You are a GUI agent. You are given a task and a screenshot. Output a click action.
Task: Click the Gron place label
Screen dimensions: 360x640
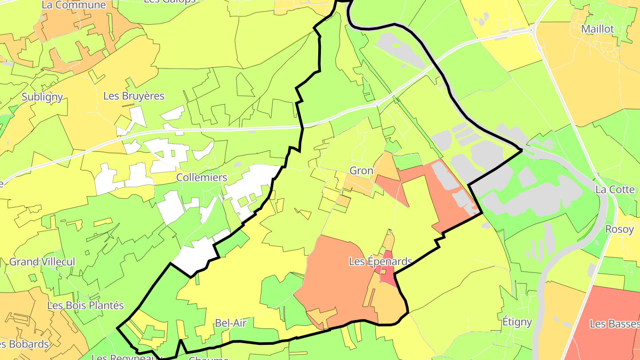(x=361, y=171)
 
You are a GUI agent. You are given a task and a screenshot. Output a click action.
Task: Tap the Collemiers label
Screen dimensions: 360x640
(x=202, y=177)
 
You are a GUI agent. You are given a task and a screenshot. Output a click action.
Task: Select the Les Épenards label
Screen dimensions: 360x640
(x=380, y=261)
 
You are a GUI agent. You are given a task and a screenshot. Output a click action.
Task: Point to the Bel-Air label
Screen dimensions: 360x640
(x=230, y=323)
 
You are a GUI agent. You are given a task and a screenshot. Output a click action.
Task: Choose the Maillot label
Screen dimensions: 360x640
(x=598, y=29)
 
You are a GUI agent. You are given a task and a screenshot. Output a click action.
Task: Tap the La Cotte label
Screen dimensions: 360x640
(x=615, y=189)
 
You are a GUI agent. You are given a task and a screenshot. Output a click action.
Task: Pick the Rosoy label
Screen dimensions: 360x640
(x=620, y=229)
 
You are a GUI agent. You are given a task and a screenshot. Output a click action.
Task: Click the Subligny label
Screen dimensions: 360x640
(x=42, y=97)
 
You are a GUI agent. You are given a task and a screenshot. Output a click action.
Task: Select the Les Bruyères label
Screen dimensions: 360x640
(x=134, y=96)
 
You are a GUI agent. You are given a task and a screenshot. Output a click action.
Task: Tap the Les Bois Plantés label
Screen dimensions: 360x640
(x=85, y=306)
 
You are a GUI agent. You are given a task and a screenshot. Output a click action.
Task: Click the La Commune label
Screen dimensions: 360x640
(x=74, y=5)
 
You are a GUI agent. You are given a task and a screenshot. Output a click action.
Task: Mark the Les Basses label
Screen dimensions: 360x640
(x=615, y=324)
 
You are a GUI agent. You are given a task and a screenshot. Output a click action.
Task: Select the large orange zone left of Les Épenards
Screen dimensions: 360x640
(x=333, y=276)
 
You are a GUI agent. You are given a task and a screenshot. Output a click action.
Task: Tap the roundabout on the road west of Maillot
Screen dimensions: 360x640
(x=532, y=30)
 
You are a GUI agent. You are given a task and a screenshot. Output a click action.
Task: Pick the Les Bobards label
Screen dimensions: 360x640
(x=24, y=344)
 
